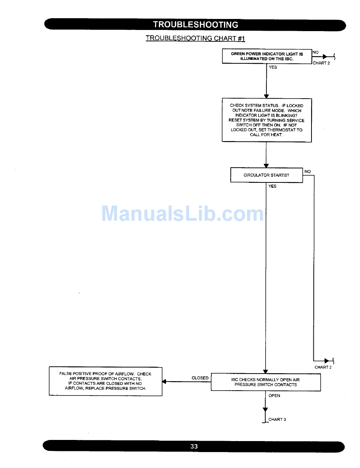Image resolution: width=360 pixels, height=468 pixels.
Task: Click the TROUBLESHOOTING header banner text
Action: (196, 25)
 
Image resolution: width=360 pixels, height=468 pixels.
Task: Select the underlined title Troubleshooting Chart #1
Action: (196, 38)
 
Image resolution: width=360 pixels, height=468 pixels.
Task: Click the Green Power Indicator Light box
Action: (267, 57)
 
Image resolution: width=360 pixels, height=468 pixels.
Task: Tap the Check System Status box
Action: (267, 120)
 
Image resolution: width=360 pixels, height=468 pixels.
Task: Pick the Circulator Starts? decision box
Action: (266, 175)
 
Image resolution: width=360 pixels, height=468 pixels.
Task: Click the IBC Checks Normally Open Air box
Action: (266, 382)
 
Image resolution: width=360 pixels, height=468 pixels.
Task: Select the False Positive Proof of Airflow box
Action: (105, 381)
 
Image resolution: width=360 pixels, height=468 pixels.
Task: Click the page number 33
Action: (194, 446)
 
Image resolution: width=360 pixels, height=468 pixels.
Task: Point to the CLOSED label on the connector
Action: (200, 378)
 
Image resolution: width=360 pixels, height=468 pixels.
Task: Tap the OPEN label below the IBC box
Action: (274, 396)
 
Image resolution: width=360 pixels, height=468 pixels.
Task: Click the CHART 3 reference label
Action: (277, 419)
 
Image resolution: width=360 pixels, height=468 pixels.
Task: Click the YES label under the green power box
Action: (273, 68)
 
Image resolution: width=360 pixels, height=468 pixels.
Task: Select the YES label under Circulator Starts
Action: (272, 186)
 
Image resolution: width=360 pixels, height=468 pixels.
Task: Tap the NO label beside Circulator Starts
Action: (307, 172)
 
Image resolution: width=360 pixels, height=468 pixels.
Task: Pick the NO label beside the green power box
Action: (316, 52)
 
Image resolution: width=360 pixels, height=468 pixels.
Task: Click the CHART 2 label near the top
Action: (321, 63)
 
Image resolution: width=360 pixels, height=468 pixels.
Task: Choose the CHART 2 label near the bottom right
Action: (323, 367)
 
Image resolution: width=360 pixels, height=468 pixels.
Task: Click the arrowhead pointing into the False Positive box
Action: (164, 382)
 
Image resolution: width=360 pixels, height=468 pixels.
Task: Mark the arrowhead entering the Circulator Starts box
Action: (266, 166)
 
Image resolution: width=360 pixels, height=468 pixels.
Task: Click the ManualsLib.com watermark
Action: (183, 214)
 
